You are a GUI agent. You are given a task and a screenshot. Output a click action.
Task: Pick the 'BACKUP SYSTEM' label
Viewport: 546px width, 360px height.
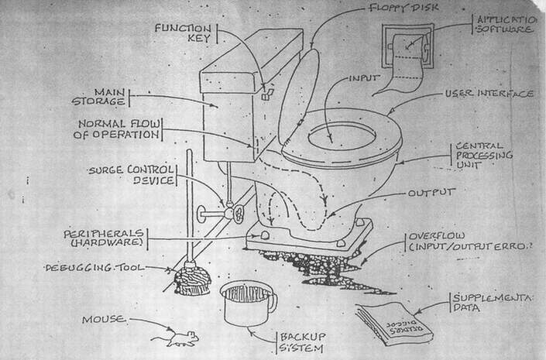coord(303,341)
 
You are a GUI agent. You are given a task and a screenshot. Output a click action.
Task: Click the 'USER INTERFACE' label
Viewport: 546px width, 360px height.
coord(488,94)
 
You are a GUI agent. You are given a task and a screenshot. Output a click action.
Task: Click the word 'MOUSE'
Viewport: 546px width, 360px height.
coord(105,319)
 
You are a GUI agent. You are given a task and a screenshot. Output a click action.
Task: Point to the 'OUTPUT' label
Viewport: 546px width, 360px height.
coord(431,192)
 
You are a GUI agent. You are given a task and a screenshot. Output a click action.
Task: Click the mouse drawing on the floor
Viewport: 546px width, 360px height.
coord(174,338)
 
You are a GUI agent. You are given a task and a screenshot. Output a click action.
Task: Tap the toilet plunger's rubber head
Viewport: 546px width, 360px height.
coord(191,281)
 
